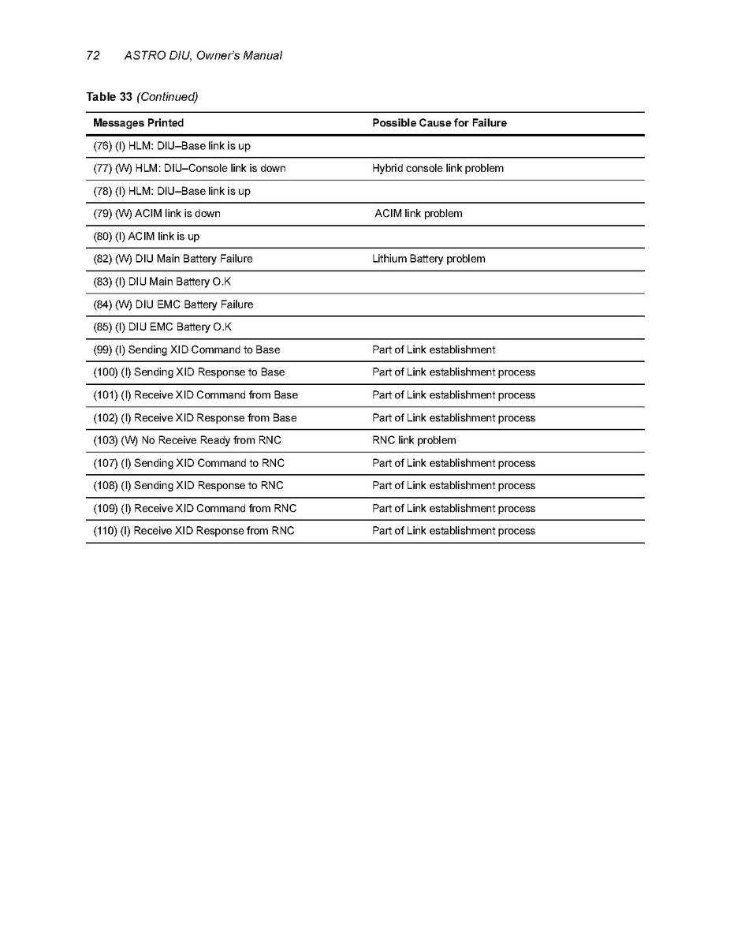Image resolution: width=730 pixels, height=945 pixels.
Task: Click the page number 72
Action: tap(92, 55)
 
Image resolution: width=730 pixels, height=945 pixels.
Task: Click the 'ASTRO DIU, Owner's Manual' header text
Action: tap(203, 55)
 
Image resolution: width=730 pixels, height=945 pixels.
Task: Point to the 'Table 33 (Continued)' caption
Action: tap(142, 97)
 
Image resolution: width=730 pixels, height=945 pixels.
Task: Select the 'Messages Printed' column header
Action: tap(138, 123)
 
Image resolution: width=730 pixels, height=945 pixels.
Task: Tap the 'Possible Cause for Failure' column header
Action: tap(439, 123)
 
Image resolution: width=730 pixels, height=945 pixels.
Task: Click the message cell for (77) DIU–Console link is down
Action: tap(189, 168)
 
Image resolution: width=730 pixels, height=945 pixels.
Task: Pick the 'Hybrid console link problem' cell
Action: tap(438, 168)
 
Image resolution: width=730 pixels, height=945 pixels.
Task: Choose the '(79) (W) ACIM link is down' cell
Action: tap(157, 214)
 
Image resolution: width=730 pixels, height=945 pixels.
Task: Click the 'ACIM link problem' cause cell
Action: tap(419, 214)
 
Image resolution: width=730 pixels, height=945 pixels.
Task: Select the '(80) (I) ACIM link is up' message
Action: tap(147, 236)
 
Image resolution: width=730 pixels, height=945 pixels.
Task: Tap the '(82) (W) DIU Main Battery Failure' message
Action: tap(173, 259)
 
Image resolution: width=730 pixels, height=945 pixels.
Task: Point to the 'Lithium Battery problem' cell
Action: tap(429, 259)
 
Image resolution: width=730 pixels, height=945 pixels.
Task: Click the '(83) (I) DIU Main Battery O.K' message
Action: tap(162, 282)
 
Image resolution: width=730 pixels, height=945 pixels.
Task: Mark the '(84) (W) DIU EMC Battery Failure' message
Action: tap(173, 304)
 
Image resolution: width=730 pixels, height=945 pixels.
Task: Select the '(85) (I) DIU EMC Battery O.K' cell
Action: tap(162, 327)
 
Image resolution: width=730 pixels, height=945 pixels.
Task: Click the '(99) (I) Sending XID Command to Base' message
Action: tap(187, 349)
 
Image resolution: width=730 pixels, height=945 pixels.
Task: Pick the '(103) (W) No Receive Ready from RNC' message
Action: tap(187, 440)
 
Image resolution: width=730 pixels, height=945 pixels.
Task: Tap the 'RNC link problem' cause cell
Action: tap(414, 440)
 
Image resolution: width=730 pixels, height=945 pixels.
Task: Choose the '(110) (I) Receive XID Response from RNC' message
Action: tap(194, 531)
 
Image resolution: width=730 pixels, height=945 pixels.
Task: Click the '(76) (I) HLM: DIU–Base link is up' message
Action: tap(172, 146)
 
